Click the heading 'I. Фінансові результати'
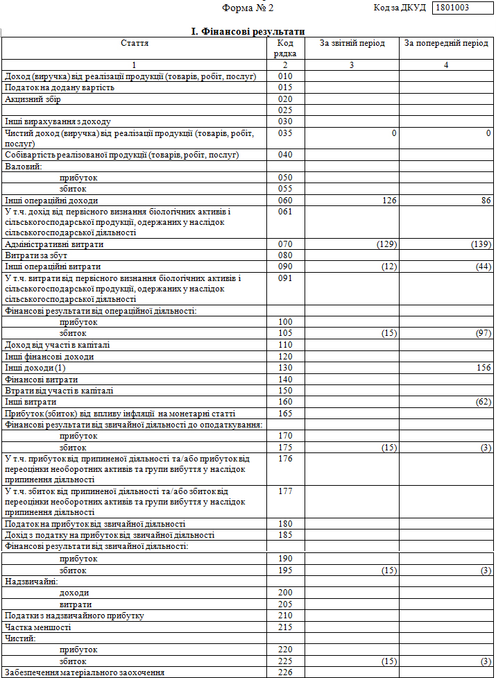(x=248, y=32)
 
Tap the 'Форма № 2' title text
(x=248, y=8)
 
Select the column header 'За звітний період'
(x=352, y=43)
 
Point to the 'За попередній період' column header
(x=446, y=43)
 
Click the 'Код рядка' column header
(x=284, y=48)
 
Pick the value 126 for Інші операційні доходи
(x=388, y=201)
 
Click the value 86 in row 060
(x=486, y=201)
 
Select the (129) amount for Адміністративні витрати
(x=386, y=244)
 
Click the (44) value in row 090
(x=483, y=266)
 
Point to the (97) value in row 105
(x=483, y=334)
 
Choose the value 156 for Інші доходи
(x=483, y=368)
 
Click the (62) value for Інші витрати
(x=483, y=402)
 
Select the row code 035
(x=284, y=133)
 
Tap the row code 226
(x=284, y=672)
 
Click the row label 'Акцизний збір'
(x=33, y=99)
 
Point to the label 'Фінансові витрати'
(x=41, y=380)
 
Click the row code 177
(x=284, y=491)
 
